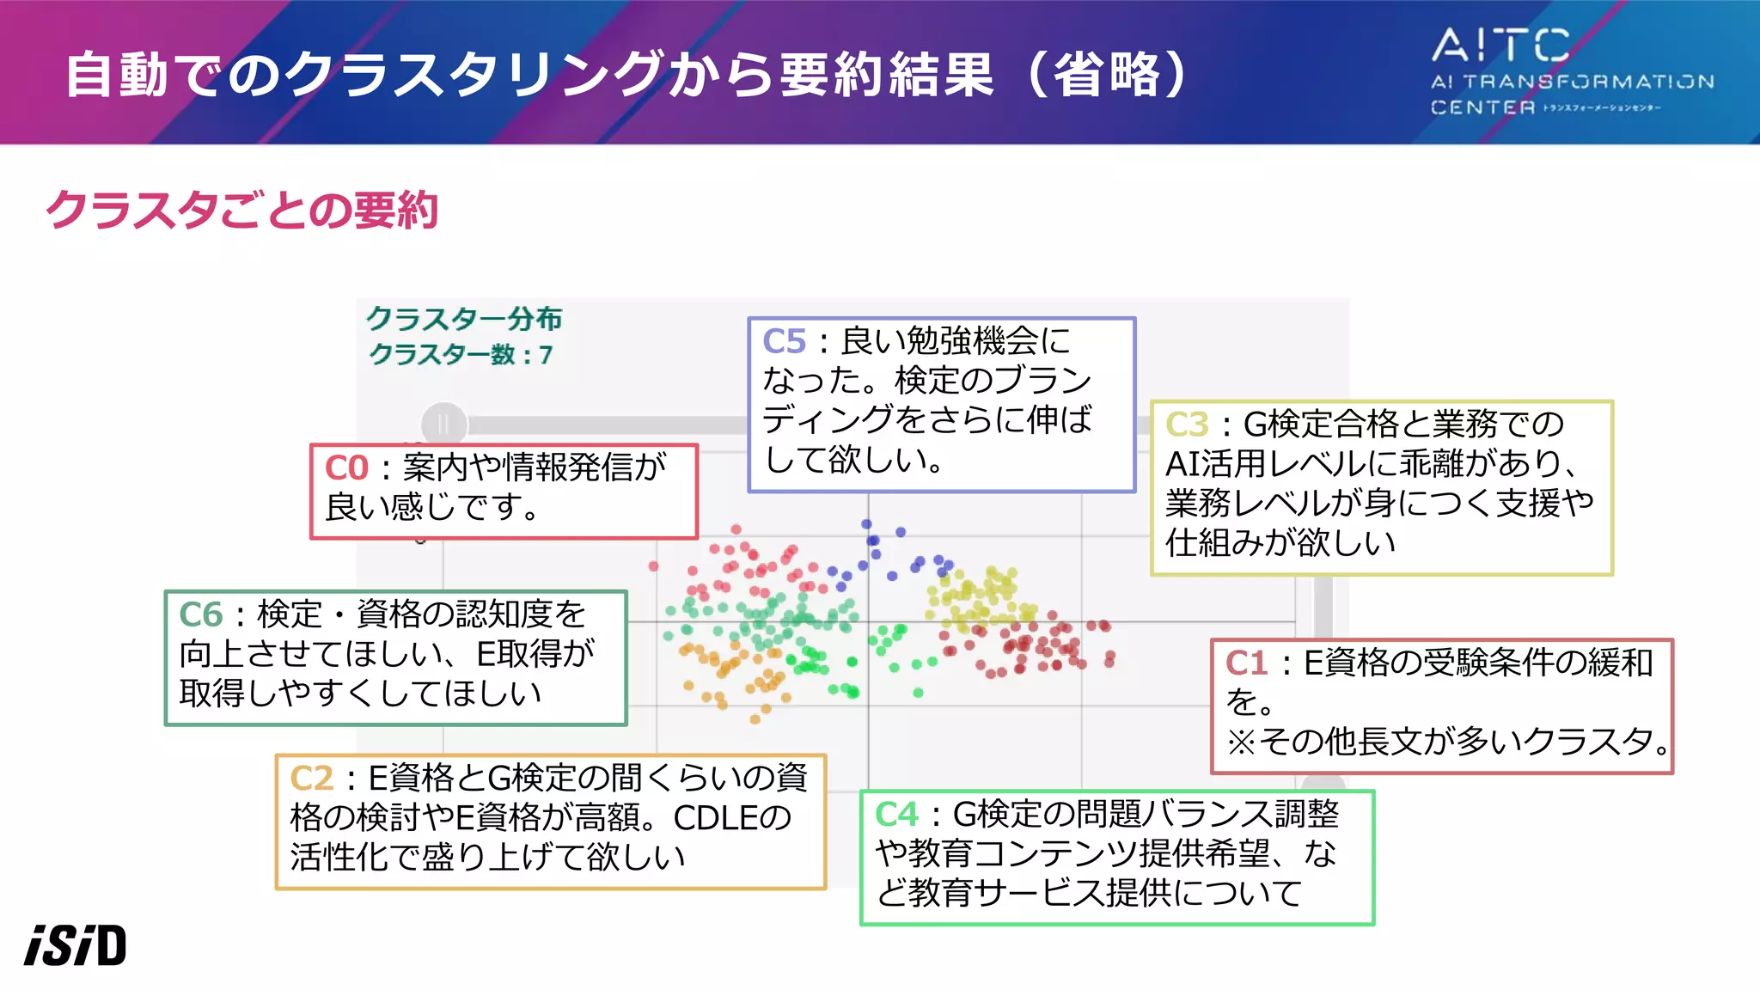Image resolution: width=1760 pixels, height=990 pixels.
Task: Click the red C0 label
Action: (x=345, y=468)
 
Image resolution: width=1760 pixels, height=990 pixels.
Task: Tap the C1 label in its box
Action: (x=1246, y=663)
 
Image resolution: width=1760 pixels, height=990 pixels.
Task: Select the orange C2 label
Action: (x=311, y=779)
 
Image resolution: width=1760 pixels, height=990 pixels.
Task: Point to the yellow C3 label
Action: (x=1187, y=425)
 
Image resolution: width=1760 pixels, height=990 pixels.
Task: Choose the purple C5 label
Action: (x=784, y=342)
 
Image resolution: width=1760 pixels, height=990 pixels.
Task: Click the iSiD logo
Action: (x=76, y=945)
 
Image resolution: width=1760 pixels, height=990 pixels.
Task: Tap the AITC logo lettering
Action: (x=1500, y=46)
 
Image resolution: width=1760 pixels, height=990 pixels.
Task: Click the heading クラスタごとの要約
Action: (x=242, y=210)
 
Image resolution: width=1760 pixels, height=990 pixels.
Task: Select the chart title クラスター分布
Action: (x=464, y=319)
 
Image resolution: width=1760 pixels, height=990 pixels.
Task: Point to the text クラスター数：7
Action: (x=461, y=354)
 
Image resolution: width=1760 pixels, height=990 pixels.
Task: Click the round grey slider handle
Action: (x=443, y=424)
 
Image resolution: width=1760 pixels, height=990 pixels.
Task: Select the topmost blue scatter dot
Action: (x=866, y=523)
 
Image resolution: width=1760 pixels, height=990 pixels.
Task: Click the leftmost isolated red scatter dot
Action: (x=653, y=565)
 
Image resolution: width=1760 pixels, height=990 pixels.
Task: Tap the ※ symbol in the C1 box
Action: (x=1240, y=742)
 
